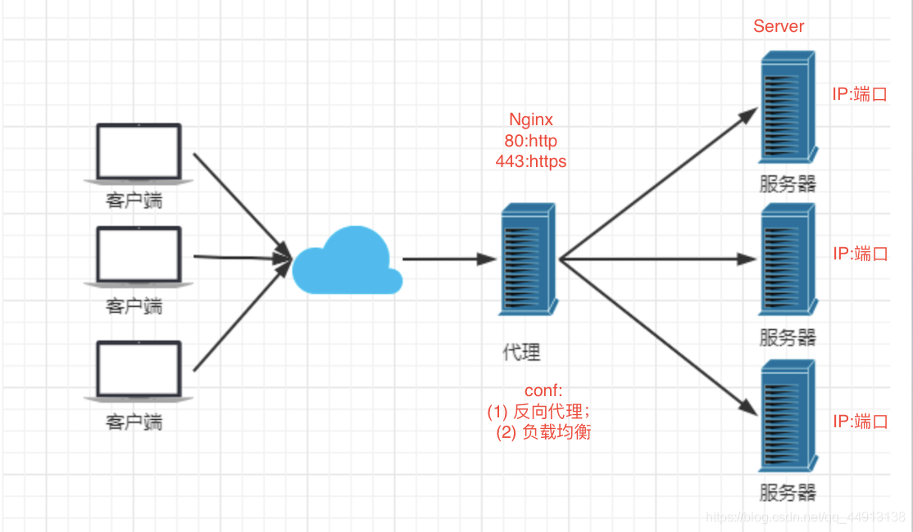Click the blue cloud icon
tap(347, 260)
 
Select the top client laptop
tap(139, 153)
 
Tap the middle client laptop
tap(139, 256)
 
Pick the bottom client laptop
tap(139, 371)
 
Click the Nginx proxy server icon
tap(528, 260)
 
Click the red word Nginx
tap(531, 120)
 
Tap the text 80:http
tap(531, 141)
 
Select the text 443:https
tap(531, 161)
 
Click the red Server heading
tap(779, 26)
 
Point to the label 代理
tap(522, 353)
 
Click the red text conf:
tap(544, 392)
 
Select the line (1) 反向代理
tap(538, 412)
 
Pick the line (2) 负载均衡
tap(543, 432)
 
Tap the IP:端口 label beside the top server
tap(860, 94)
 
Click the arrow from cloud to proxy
tap(449, 259)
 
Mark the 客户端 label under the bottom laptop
tap(134, 422)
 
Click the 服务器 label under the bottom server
tap(788, 493)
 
